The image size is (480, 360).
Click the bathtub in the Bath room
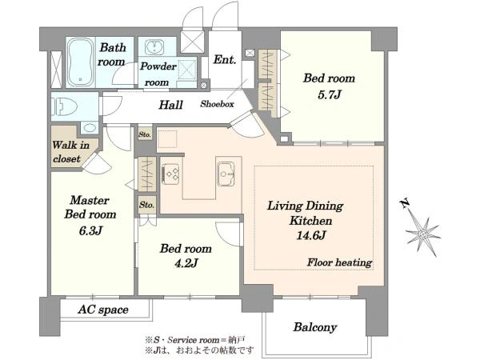[x=80, y=62]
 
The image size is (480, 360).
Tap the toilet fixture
[x=64, y=106]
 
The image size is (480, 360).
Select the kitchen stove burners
[x=170, y=174]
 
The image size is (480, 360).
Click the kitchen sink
[x=226, y=174]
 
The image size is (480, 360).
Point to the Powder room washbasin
[x=154, y=47]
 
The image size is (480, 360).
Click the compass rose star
[x=423, y=234]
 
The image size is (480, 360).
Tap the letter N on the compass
[x=405, y=203]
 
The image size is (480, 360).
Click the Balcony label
[x=315, y=327]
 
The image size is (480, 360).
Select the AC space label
[x=103, y=310]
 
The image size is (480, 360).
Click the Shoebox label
[x=217, y=104]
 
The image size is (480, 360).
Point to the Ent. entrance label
[x=225, y=59]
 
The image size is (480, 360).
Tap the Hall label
[x=171, y=105]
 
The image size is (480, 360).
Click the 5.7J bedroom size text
[x=329, y=95]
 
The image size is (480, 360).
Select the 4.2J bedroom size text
[x=186, y=262]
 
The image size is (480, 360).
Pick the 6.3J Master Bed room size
[x=90, y=230]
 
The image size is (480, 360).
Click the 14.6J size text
[x=310, y=235]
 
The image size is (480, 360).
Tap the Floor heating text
[x=339, y=262]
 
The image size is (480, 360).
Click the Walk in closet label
[x=71, y=152]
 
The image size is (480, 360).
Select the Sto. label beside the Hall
[x=145, y=134]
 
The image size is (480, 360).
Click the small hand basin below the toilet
[x=90, y=127]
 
